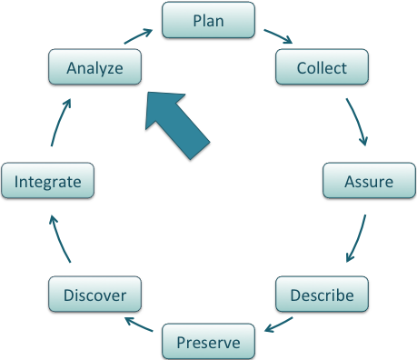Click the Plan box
(x=208, y=20)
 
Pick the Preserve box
(x=208, y=342)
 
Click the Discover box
(x=94, y=295)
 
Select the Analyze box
(x=94, y=67)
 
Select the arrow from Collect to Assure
(x=357, y=123)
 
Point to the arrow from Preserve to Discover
(x=140, y=325)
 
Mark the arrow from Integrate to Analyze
(x=60, y=123)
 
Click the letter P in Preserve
(x=180, y=342)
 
